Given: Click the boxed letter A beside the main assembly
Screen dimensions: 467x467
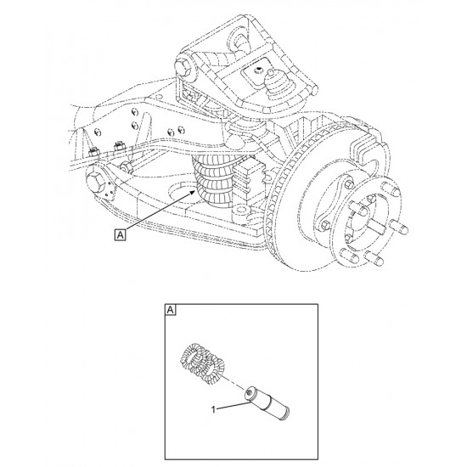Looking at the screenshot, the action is (120, 234).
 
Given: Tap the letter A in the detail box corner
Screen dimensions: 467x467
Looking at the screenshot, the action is (170, 310).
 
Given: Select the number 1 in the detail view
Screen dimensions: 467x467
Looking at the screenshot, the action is (213, 410).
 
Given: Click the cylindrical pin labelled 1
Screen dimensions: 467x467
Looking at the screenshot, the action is (267, 404).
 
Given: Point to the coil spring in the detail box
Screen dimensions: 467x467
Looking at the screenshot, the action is (203, 362).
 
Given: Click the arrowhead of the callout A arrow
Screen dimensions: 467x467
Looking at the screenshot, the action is (194, 193).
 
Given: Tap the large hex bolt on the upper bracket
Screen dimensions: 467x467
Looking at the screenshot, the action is (183, 69).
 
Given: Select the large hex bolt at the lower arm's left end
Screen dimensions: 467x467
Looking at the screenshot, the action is (96, 182).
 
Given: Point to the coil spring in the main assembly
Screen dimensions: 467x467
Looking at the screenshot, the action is (213, 183).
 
